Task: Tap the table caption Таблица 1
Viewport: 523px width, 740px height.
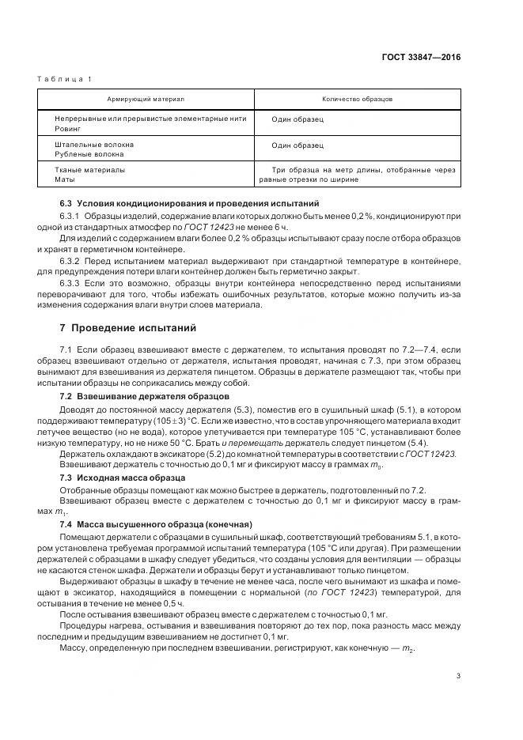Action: click(65, 79)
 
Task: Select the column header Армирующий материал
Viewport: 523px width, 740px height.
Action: click(146, 100)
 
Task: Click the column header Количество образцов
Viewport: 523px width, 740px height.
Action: click(358, 100)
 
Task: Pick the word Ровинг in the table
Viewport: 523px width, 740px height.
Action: click(67, 126)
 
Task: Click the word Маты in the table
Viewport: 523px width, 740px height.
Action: click(64, 179)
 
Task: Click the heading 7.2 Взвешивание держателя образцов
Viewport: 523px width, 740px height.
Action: click(145, 395)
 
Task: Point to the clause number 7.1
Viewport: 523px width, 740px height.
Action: click(66, 349)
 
